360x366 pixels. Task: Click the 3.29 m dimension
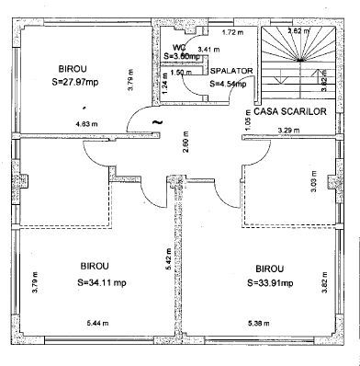[287, 132]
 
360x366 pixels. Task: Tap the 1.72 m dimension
[233, 33]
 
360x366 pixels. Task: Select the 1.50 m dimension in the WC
[181, 72]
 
